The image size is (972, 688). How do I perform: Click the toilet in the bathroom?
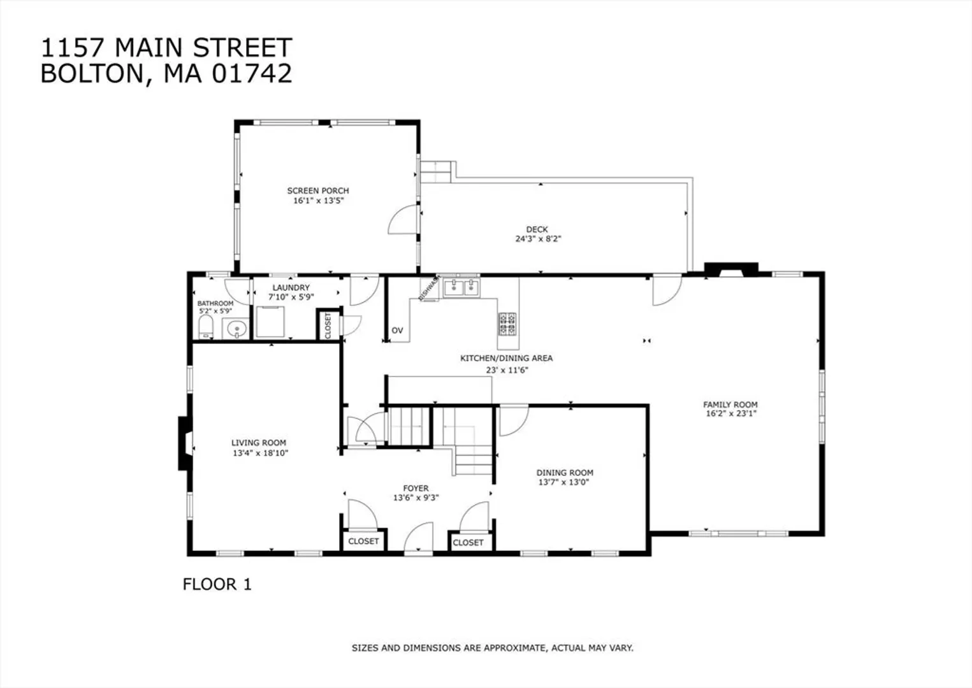(x=206, y=327)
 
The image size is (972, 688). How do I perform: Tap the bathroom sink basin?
(x=236, y=328)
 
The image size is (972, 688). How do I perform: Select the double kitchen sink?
(x=461, y=287)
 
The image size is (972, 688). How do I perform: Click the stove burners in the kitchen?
(x=507, y=324)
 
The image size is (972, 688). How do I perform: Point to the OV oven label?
(x=398, y=330)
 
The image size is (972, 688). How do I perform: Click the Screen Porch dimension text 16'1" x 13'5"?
(x=319, y=201)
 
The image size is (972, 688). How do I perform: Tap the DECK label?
(x=537, y=229)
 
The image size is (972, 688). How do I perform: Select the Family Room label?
(x=730, y=405)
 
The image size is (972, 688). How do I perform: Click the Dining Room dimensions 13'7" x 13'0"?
(x=563, y=482)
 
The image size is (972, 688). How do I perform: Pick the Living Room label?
(x=259, y=443)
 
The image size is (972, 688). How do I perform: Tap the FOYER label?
(x=416, y=488)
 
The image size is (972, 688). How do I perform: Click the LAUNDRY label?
(x=291, y=287)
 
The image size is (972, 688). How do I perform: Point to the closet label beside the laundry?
(x=328, y=326)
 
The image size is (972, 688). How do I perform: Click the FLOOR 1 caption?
(x=217, y=584)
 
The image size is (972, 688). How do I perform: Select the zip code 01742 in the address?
(x=252, y=73)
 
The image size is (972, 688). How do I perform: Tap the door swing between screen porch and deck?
(x=403, y=220)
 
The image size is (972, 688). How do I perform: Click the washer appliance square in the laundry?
(x=270, y=322)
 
